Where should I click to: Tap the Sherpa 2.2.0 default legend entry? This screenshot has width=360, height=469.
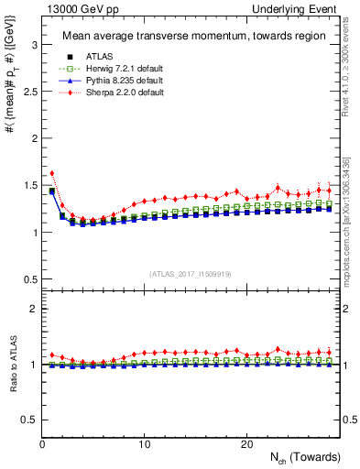(x=103, y=92)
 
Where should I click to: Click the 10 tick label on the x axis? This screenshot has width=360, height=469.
(x=145, y=444)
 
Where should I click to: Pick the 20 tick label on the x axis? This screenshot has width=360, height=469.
(x=246, y=444)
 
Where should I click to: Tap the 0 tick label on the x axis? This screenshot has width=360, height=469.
(x=42, y=444)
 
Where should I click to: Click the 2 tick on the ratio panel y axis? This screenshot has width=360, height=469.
(x=31, y=309)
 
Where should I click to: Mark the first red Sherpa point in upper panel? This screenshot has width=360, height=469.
(x=52, y=172)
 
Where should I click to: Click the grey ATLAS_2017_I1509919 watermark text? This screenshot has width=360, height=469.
(x=191, y=272)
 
